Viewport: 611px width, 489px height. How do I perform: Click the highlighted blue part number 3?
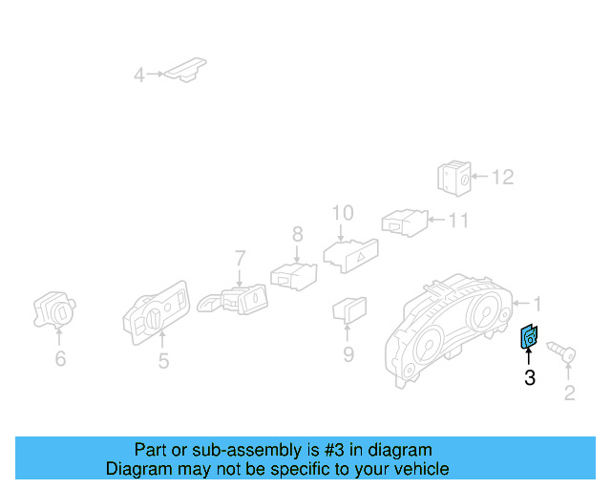528,337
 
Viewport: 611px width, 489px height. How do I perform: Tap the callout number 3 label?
529,378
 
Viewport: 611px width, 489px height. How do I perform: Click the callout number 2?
570,393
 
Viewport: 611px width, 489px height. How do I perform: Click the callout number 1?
537,304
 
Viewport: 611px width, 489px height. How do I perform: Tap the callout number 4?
139,74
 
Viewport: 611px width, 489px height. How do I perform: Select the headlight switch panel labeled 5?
158,311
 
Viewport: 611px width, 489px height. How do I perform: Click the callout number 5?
163,361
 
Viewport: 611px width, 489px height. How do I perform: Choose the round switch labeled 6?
55,308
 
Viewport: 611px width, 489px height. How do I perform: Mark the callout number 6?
60,358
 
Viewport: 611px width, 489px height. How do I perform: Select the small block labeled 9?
348,308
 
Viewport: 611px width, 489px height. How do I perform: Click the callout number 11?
459,221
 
